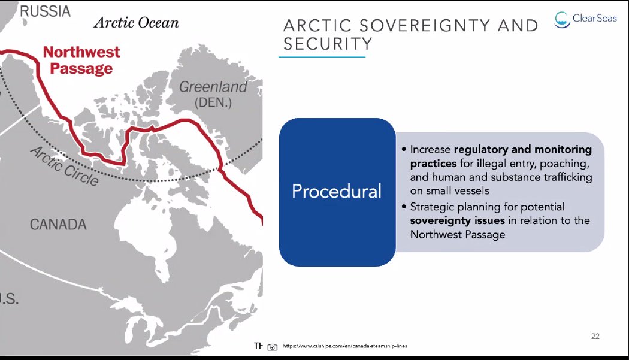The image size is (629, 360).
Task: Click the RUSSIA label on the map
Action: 45,11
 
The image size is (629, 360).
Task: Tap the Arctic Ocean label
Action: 136,23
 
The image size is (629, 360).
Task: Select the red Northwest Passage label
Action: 81,60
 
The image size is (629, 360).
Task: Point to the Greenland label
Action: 213,87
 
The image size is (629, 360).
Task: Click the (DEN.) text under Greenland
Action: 214,102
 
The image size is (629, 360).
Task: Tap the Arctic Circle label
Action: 63,165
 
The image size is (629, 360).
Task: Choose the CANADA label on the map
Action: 58,225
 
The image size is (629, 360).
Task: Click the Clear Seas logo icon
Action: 561,19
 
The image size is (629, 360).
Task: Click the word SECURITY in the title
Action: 328,44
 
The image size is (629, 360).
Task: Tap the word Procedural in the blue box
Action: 336,191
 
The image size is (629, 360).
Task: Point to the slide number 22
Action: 595,336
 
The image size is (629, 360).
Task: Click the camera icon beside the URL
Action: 273,346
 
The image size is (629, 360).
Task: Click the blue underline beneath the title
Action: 322,57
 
